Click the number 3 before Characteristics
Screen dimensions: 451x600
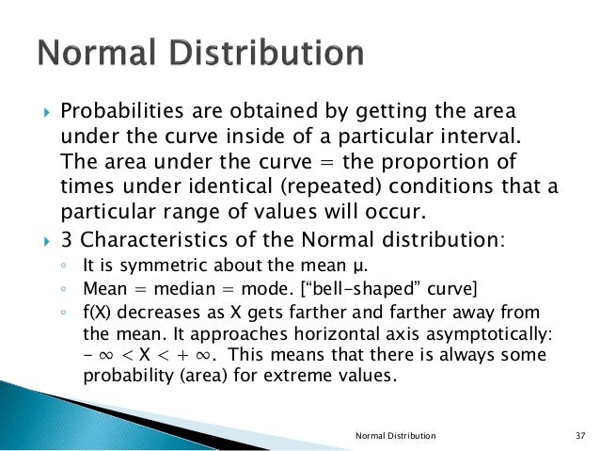67,239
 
